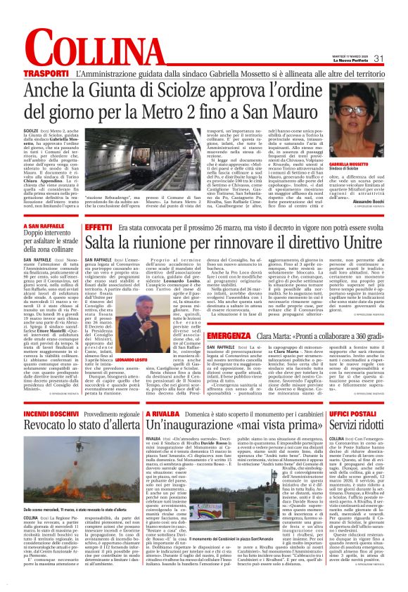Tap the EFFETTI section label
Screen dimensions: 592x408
click(100, 228)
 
